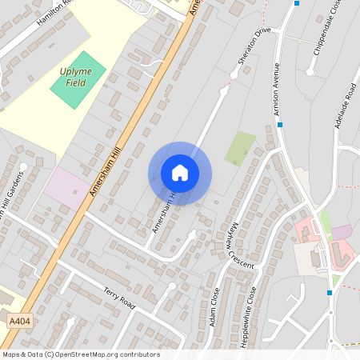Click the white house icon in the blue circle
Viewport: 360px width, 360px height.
[x=180, y=173]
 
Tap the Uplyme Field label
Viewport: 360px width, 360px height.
[x=76, y=76]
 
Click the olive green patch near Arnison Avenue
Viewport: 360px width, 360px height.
[x=239, y=148]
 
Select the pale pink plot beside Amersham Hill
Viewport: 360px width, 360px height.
[x=66, y=189]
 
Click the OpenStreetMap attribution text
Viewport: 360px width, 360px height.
[x=80, y=354]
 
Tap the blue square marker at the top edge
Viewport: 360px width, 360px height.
[x=297, y=3]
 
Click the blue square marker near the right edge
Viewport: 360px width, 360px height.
[x=329, y=293]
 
